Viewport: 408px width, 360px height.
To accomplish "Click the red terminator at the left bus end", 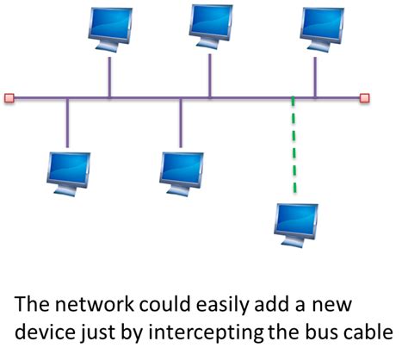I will pyautogui.click(x=9, y=97).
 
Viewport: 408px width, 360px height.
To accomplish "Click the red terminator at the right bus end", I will pyautogui.click(x=364, y=97).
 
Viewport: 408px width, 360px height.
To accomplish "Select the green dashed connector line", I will pyautogui.click(x=294, y=146).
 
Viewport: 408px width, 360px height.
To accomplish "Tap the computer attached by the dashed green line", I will pyautogui.click(x=295, y=222).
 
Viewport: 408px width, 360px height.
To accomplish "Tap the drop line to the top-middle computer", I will pyautogui.click(x=210, y=76).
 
